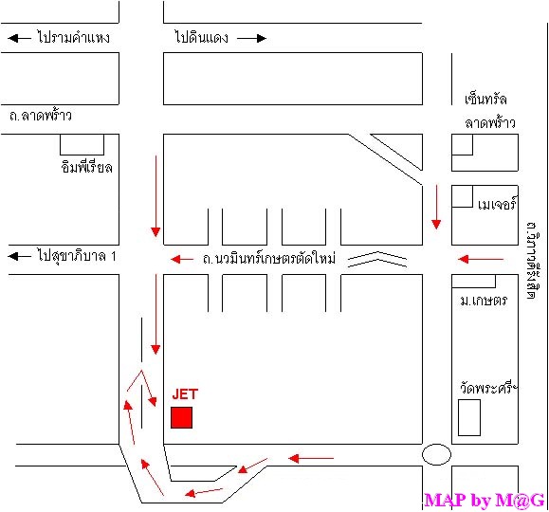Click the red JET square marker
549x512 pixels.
click(181, 417)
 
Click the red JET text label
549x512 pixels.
click(185, 394)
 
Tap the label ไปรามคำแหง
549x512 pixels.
click(73, 37)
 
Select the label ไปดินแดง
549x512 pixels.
click(201, 37)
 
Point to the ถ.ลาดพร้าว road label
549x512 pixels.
click(41, 116)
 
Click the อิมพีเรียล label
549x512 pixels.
click(87, 167)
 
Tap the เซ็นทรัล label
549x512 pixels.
click(485, 99)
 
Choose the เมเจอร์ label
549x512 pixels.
click(497, 204)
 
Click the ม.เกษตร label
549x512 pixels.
click(484, 301)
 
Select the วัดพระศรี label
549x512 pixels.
click(488, 388)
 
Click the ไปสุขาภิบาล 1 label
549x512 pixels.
click(76, 256)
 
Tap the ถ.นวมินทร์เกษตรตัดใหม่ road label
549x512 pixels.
click(269, 259)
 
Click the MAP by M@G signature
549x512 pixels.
click(485, 500)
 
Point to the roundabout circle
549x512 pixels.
click(436, 445)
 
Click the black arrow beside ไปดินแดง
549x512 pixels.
click(251, 38)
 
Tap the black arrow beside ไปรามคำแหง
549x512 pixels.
click(19, 38)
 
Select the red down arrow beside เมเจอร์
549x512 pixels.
click(436, 207)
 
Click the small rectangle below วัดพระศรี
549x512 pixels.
click(469, 417)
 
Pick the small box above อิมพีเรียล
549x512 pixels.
click(82, 144)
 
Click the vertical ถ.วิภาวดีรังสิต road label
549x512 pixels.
click(532, 260)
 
